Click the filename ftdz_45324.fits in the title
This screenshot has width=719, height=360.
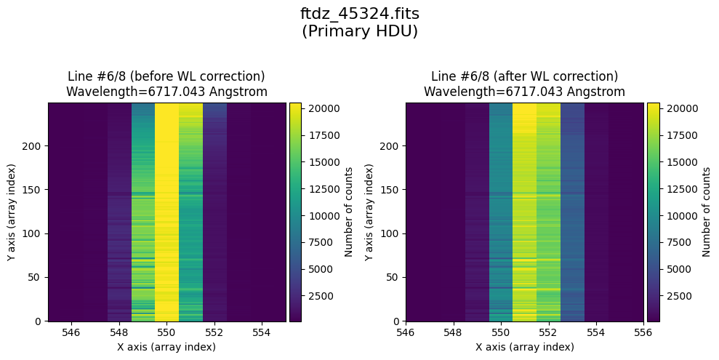coord(359,14)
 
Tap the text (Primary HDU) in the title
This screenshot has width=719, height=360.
coord(359,31)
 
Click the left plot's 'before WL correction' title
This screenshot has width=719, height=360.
coord(166,76)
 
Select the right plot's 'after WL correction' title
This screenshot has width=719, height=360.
coord(524,76)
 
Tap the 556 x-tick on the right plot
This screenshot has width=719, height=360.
coord(643,332)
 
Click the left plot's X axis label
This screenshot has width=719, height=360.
coord(166,347)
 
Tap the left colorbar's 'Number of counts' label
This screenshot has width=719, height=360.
coord(349,212)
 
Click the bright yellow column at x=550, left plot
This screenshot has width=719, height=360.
coord(166,212)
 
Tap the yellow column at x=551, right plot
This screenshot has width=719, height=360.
coord(524,212)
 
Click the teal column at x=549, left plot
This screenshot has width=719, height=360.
coord(143,212)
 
